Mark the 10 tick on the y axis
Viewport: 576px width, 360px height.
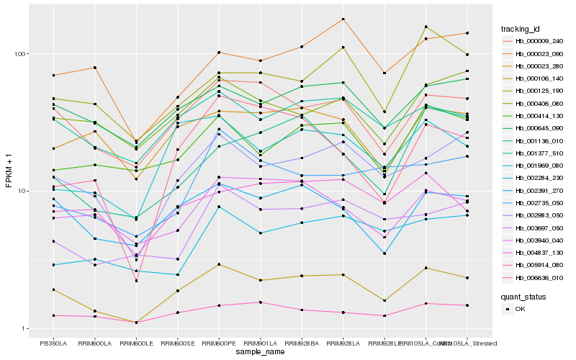pyautogui.click(x=22, y=192)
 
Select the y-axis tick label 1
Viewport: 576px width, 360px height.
pyautogui.click(x=24, y=329)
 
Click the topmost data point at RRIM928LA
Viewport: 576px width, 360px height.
pyautogui.click(x=343, y=19)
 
